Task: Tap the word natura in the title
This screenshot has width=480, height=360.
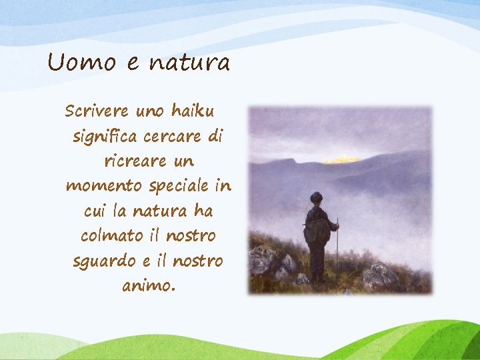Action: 189,63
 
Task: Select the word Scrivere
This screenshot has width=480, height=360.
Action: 97,111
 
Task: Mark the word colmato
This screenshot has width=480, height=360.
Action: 111,236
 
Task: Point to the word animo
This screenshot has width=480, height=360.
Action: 147,286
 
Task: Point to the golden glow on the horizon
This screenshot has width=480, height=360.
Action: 342,159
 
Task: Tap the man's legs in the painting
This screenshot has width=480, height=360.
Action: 317,261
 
